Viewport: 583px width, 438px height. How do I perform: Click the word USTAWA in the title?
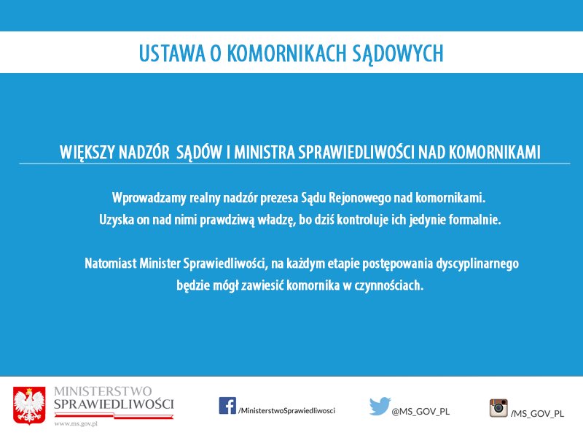tap(172, 53)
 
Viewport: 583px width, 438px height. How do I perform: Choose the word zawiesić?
tap(262, 285)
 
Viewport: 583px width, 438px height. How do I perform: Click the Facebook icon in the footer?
tap(227, 406)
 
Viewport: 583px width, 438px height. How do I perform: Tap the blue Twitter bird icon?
tap(380, 406)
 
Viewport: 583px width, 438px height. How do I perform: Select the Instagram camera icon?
tap(498, 407)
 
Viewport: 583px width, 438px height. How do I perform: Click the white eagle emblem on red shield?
tap(29, 406)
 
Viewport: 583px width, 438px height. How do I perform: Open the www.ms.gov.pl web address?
tap(76, 423)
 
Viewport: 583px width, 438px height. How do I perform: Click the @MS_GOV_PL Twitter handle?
tap(420, 412)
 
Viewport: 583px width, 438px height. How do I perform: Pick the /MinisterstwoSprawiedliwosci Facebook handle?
tap(286, 410)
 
